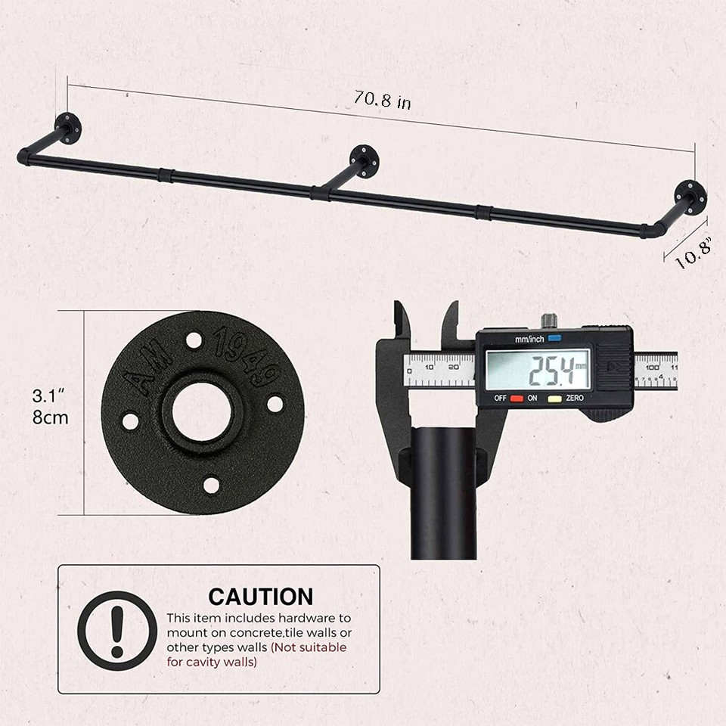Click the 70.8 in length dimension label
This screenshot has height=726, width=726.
tap(383, 100)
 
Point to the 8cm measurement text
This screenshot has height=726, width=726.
tap(50, 417)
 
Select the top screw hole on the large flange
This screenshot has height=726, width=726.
tap(194, 340)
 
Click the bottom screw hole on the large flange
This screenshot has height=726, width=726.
tap(211, 485)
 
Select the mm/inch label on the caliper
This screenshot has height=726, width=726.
tap(529, 339)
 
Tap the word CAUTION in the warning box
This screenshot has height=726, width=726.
tap(260, 596)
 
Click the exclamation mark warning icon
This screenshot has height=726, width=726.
tap(117, 630)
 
